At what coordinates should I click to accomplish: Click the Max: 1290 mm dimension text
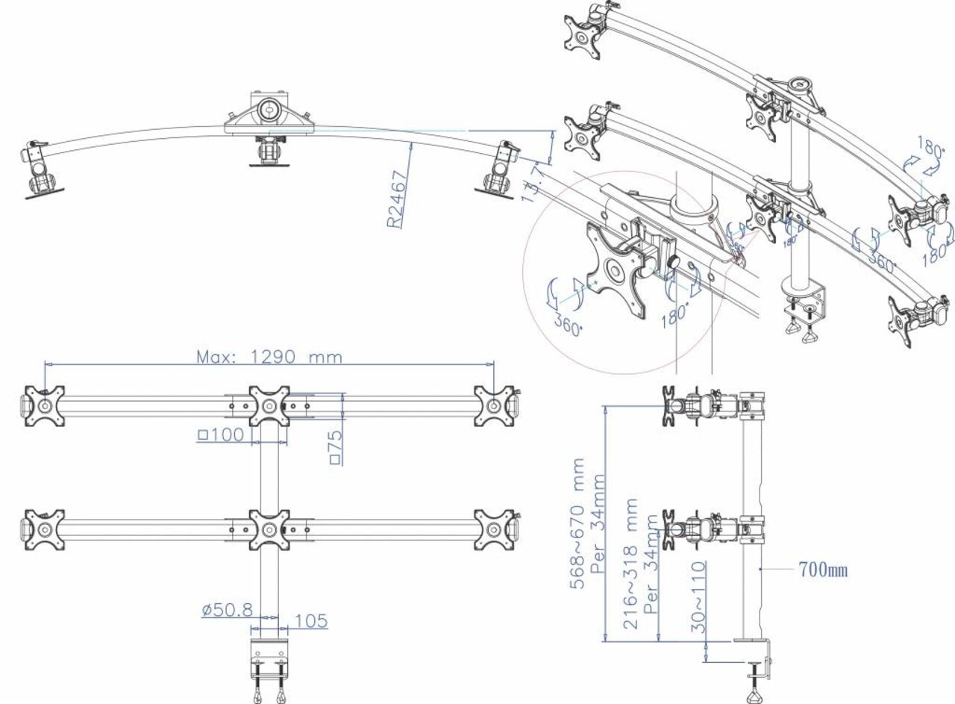(269, 357)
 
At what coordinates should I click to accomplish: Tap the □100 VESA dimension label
(221, 434)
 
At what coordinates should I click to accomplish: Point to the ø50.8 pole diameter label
(227, 610)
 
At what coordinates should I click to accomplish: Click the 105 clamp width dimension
(310, 620)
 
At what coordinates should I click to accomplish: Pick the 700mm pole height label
(823, 571)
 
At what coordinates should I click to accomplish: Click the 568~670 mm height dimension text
(579, 523)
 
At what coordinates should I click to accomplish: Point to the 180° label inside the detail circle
(676, 308)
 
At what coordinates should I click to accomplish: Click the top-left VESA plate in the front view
(44, 406)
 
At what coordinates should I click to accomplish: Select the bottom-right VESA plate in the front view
(494, 530)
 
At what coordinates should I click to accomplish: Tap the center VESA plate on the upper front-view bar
(269, 406)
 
